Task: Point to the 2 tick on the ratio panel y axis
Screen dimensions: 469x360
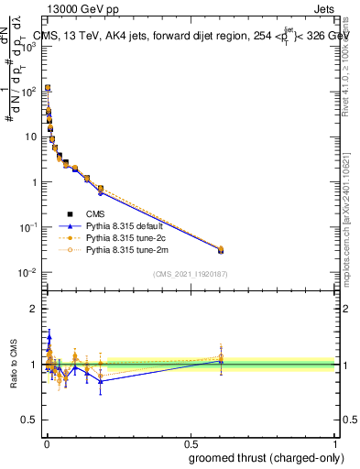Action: click(35, 309)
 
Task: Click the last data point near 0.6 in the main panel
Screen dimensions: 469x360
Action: click(221, 249)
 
